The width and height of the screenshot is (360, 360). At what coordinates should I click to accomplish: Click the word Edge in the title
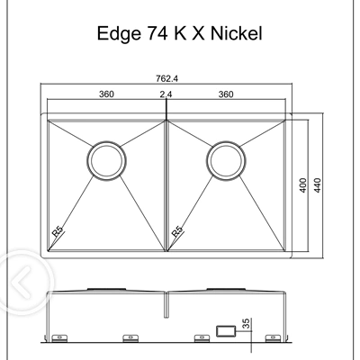114,35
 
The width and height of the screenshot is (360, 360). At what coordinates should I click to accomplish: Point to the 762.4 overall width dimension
166,78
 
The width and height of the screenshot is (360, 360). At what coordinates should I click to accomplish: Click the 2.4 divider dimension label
166,94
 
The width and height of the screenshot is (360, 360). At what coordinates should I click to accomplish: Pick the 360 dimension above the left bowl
107,94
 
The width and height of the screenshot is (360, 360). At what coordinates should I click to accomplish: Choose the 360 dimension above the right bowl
226,94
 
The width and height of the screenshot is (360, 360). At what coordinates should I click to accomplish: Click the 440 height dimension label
318,187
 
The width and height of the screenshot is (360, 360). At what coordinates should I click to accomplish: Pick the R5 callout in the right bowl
177,231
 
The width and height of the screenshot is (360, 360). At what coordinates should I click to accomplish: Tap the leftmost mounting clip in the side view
59,339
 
